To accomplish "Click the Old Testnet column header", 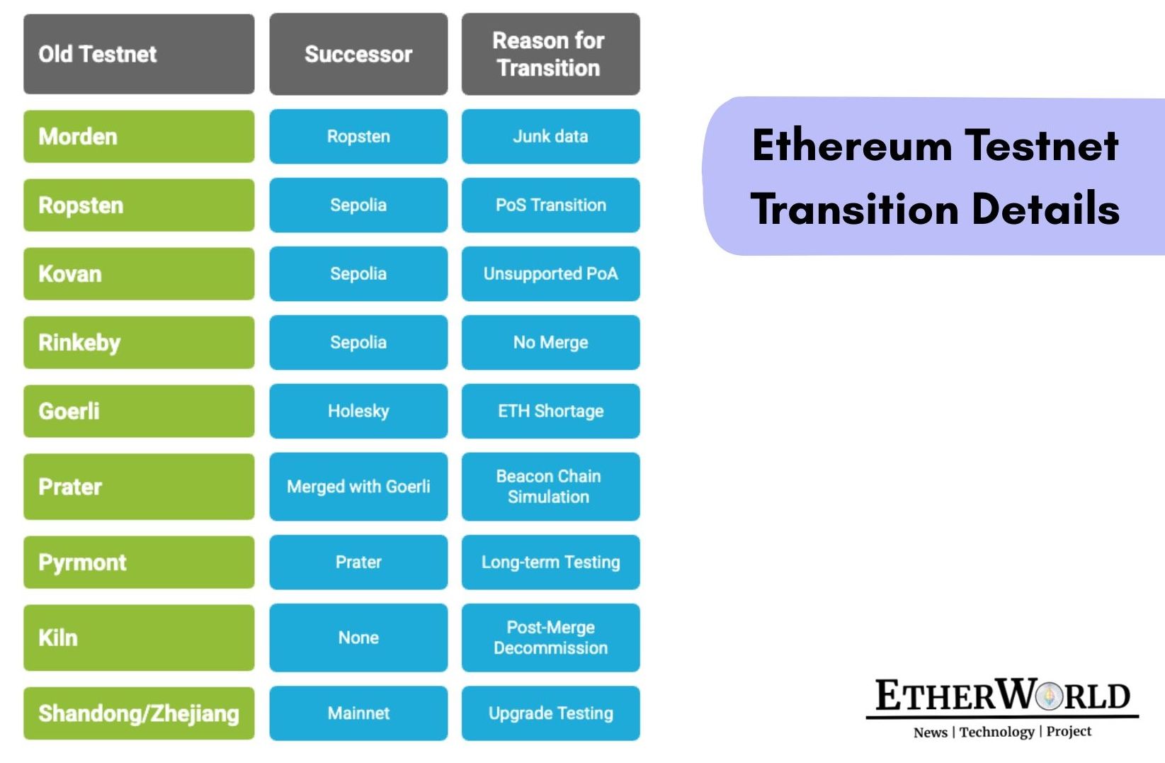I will (139, 54).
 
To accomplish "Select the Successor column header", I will (358, 54).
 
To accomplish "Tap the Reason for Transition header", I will (550, 54).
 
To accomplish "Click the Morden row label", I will (139, 136).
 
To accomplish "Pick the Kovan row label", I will (139, 273).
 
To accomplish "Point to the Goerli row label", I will (139, 411).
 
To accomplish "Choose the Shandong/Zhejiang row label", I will (139, 713).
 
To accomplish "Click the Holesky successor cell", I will (358, 411).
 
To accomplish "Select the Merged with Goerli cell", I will (358, 487).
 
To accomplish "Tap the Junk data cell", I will (550, 136).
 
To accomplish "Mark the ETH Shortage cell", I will (550, 411).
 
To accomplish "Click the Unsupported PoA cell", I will (550, 273).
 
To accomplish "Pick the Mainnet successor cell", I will (358, 713).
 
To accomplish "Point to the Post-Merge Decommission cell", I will (550, 638).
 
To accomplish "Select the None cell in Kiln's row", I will (358, 638).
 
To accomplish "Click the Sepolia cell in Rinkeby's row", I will (358, 342).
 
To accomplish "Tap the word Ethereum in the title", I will (852, 146).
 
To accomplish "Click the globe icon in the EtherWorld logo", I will (1050, 696).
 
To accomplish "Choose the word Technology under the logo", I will (996, 732).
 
